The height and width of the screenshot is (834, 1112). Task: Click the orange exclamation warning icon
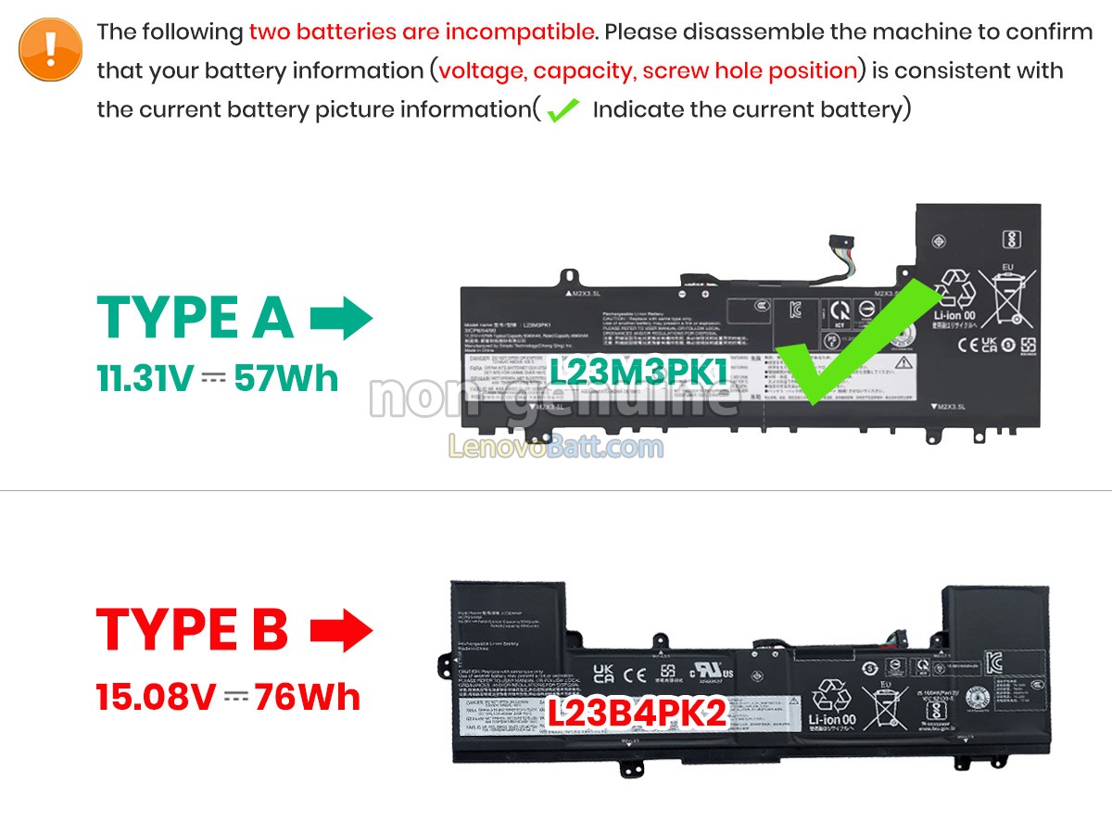pyautogui.click(x=51, y=49)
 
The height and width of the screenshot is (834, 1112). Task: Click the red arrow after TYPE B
pyautogui.click(x=340, y=632)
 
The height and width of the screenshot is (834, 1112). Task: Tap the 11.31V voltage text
pyautogui.click(x=145, y=378)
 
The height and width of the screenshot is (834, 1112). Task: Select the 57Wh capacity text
pyautogui.click(x=286, y=378)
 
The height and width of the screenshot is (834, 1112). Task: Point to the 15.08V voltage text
pyautogui.click(x=155, y=697)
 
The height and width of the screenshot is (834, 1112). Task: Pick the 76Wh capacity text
pyautogui.click(x=308, y=697)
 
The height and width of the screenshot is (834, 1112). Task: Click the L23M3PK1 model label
pyautogui.click(x=639, y=372)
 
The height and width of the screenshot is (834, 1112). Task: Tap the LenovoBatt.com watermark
pyautogui.click(x=556, y=448)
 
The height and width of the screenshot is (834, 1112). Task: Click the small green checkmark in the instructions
pyautogui.click(x=562, y=110)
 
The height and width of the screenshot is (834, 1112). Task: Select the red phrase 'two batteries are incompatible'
pyautogui.click(x=422, y=32)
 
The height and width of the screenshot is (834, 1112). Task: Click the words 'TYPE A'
pyautogui.click(x=196, y=319)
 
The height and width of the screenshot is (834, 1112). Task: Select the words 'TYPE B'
pyautogui.click(x=193, y=631)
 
